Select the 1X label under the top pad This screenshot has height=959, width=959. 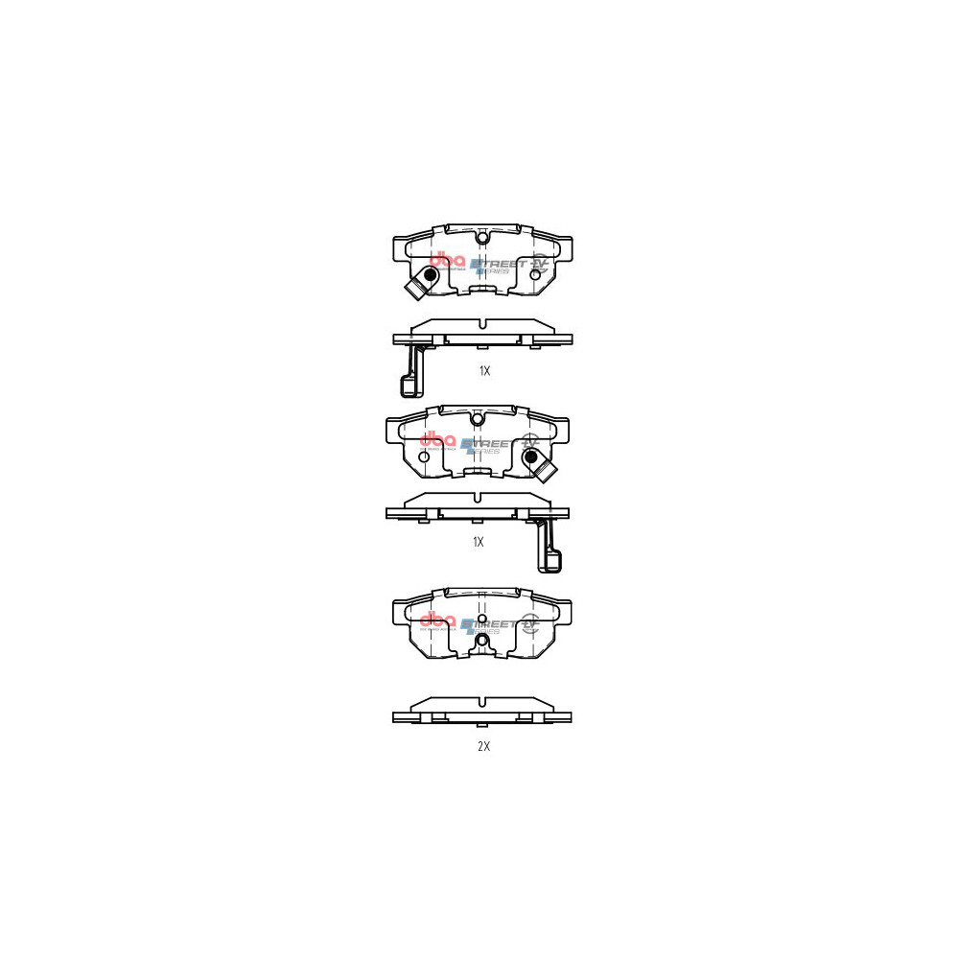[x=483, y=370]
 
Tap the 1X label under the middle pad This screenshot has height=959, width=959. [x=478, y=542]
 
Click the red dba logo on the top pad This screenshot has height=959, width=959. [x=447, y=260]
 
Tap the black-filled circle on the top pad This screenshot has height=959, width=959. [x=430, y=276]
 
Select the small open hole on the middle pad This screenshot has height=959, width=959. [x=423, y=457]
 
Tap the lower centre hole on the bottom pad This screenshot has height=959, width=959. [x=482, y=639]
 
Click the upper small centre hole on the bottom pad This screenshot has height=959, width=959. [x=482, y=619]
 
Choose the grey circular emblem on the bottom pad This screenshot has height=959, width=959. [x=528, y=625]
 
